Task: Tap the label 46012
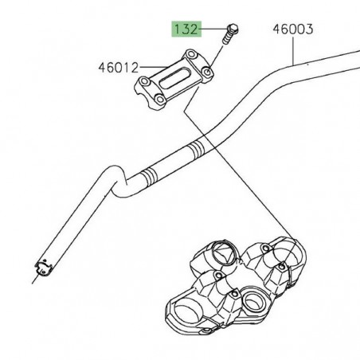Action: pos(120,68)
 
